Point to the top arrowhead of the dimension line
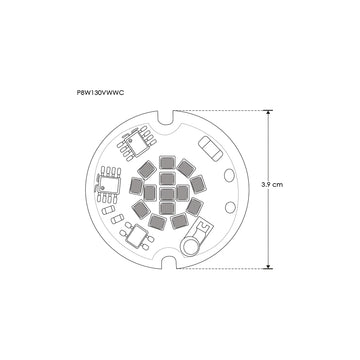click(268, 112)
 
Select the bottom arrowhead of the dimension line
click(268, 265)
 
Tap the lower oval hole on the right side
click(231, 207)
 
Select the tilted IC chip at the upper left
click(132, 147)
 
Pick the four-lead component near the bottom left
click(139, 233)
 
